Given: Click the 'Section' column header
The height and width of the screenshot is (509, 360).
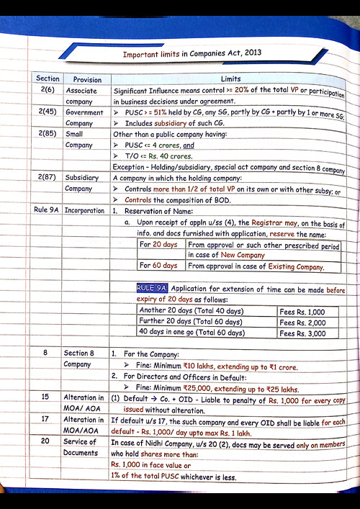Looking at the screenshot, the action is pos(48,78).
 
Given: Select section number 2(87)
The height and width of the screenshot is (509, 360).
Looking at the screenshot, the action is pos(49,176).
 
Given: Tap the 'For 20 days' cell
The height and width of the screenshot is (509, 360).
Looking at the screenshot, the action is pos(159,245).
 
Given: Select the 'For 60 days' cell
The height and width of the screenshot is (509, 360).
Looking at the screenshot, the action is pos(159,266).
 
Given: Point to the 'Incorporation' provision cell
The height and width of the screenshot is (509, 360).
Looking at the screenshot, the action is pos(85,210).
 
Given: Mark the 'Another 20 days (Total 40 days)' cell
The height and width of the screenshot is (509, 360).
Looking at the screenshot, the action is pos(191,311).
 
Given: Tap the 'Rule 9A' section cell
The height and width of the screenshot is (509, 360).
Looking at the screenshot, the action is pos(48,210).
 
